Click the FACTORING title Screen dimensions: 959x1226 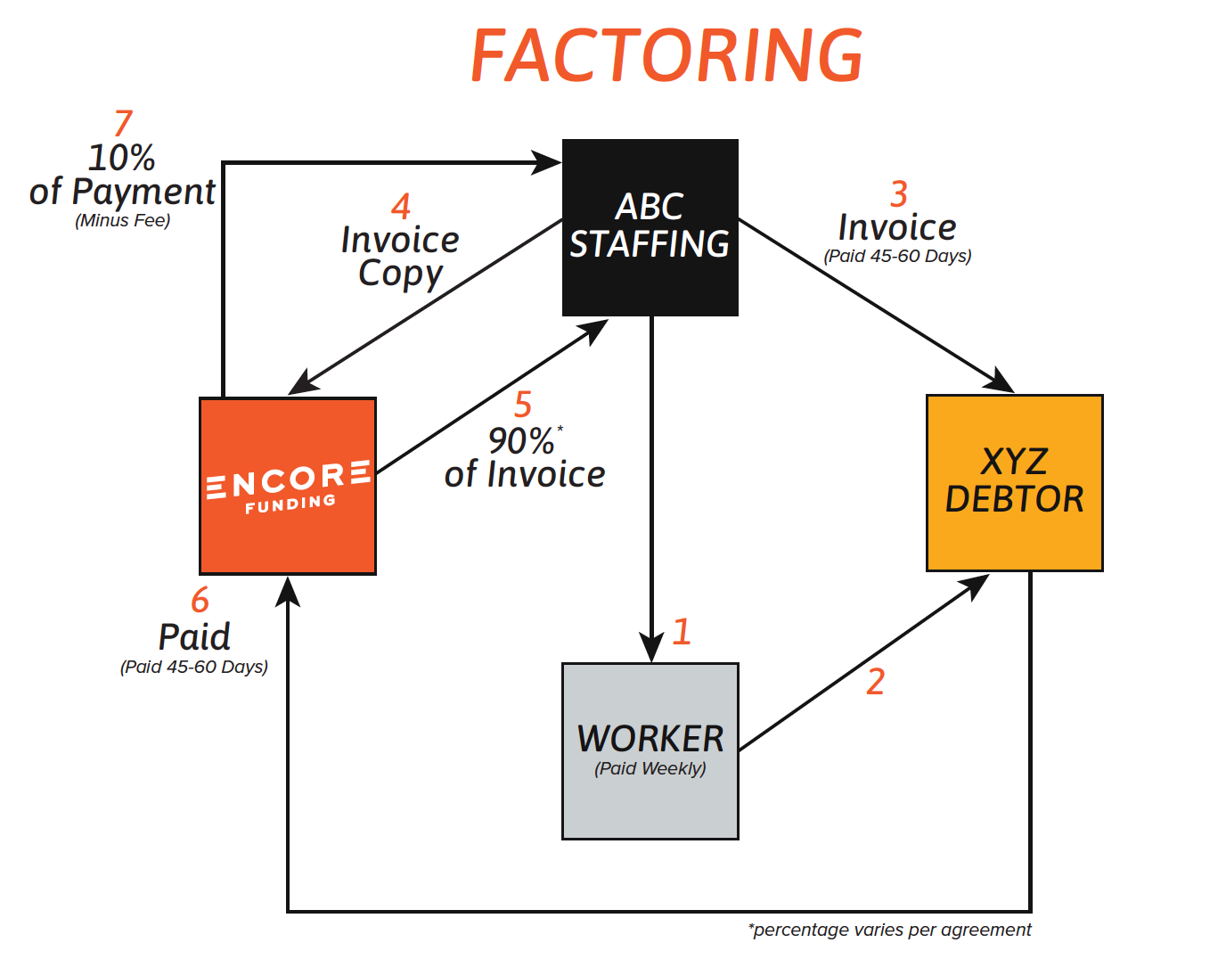pos(666,55)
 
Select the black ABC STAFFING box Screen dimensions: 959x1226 pos(650,227)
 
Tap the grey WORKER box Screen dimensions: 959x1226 pos(650,750)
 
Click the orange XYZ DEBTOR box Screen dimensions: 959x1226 pos(1014,482)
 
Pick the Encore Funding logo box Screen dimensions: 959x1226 pos(287,486)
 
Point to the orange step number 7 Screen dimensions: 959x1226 pos(123,124)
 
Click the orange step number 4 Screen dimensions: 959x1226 pos(401,207)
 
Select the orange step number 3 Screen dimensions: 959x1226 pos(898,194)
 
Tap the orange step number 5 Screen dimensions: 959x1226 pos(523,405)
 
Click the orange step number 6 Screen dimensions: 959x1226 pos(200,600)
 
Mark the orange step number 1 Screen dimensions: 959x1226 pos(682,632)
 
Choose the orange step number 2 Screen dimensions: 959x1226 pos(875,682)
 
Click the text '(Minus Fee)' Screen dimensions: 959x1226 pos(123,221)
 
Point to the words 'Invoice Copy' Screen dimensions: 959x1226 pos(400,257)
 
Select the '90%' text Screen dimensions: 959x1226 pos(521,440)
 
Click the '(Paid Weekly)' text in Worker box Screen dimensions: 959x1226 pos(650,768)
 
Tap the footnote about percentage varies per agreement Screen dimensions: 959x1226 pos(889,930)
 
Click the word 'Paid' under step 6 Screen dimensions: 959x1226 pos(194,637)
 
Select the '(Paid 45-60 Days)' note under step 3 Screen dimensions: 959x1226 pos(897,257)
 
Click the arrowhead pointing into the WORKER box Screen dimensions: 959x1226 pos(651,646)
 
